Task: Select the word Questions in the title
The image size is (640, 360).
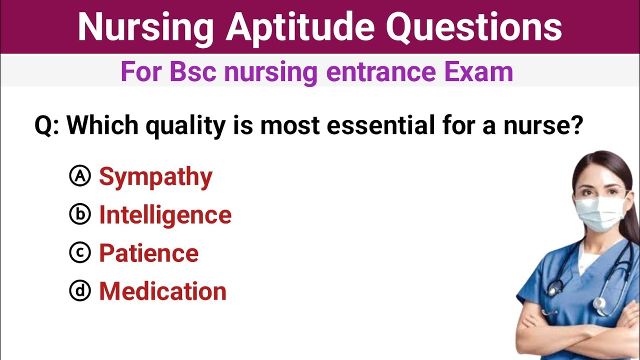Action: pos(473,27)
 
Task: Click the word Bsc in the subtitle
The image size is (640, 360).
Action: pos(192,72)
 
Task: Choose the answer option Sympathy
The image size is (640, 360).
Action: pos(155,177)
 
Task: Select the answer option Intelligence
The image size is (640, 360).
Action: pos(165,215)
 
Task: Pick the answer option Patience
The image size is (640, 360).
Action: pos(148,253)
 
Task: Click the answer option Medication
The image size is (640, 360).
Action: pos(162,291)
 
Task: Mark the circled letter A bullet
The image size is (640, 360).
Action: pos(80,176)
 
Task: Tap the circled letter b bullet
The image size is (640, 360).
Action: pos(80,214)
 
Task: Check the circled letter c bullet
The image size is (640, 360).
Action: pos(80,252)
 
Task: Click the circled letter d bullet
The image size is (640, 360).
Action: pos(80,290)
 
